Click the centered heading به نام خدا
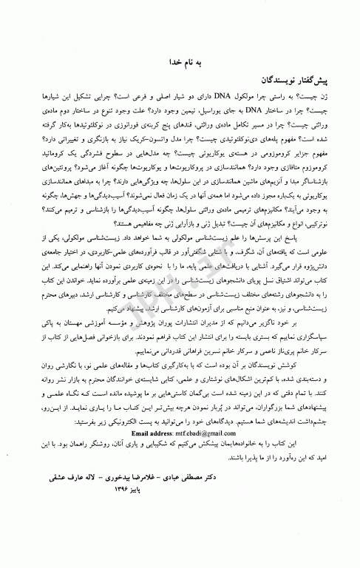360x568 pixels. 189,64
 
